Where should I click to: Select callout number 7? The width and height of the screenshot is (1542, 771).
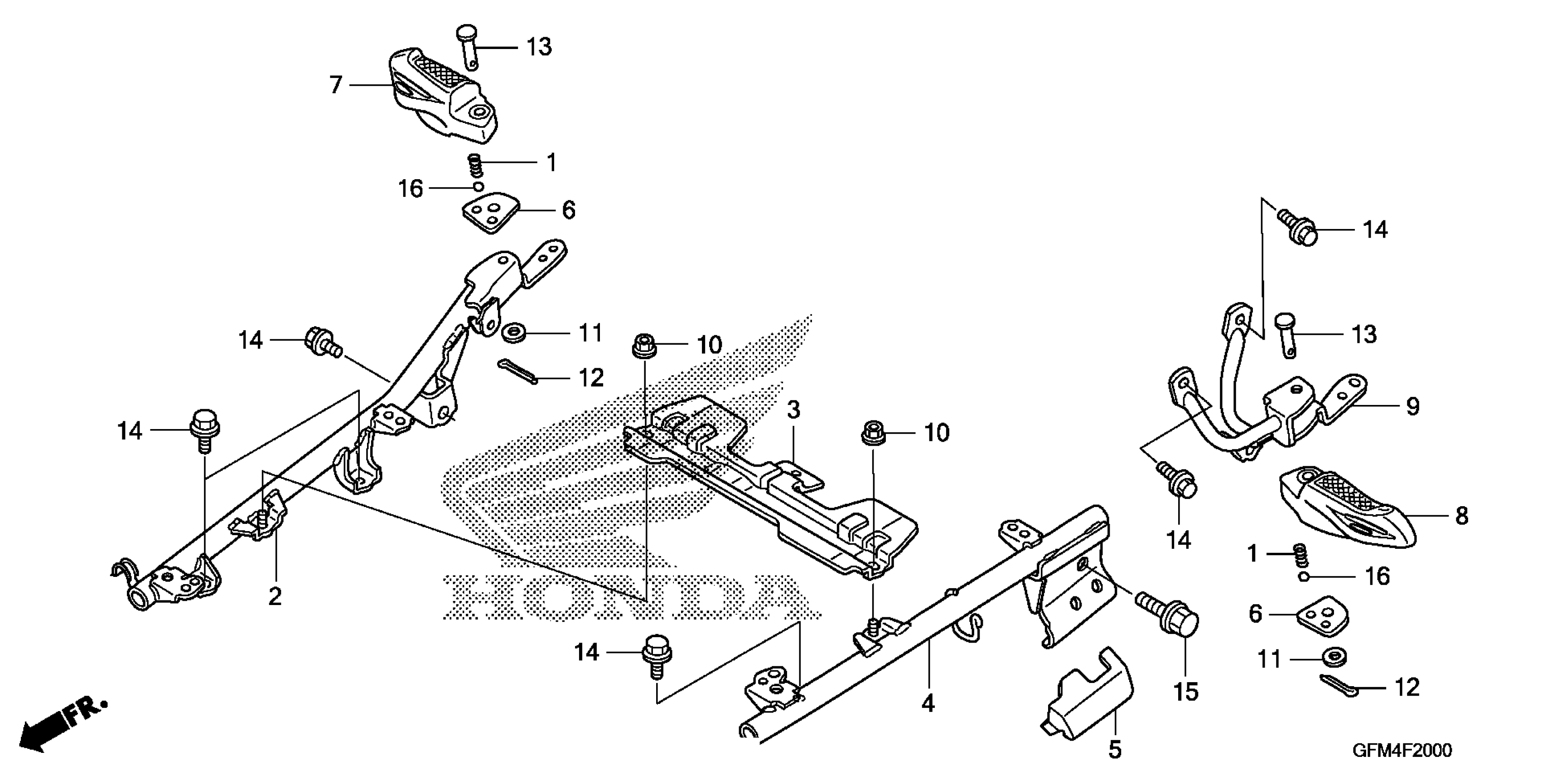point(336,85)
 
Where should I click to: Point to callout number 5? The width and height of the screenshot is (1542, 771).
point(1115,749)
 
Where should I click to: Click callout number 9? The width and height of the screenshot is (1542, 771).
point(1413,407)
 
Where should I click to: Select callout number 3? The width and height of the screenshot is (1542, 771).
point(793,411)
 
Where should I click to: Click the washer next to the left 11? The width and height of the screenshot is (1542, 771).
point(513,332)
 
